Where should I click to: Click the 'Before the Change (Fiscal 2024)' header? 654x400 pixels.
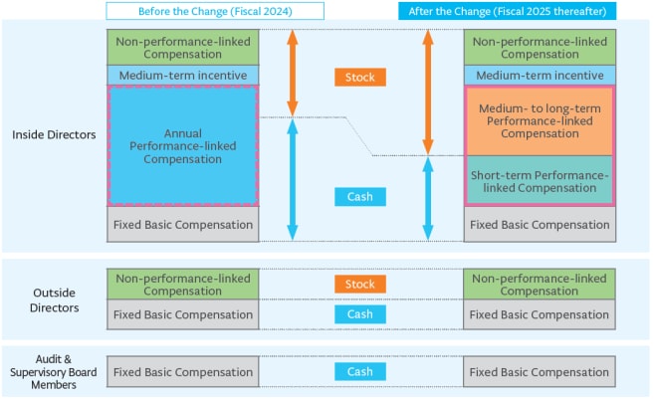[x=215, y=11]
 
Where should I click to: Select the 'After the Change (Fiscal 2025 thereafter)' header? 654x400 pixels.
[x=508, y=11]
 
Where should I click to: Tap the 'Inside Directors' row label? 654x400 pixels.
[x=54, y=134]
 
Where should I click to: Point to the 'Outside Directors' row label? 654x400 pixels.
[x=54, y=300]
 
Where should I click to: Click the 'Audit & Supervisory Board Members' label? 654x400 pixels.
[x=54, y=371]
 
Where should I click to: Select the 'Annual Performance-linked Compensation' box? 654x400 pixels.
[x=183, y=146]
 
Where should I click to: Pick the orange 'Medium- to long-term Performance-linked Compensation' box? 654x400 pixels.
[x=540, y=121]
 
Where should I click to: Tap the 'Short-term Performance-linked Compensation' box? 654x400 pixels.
[x=540, y=181]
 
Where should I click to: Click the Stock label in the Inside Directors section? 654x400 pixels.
[x=360, y=78]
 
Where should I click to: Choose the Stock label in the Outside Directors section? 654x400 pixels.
[x=360, y=284]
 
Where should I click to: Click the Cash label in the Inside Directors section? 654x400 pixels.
[x=360, y=197]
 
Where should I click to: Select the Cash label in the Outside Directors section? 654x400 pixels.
[x=360, y=314]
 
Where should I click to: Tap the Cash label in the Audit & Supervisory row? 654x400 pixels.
[x=360, y=371]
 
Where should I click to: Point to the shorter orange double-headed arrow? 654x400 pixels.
[x=293, y=73]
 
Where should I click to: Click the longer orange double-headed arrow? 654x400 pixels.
[x=428, y=93]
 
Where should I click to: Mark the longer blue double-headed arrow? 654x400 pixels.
[x=293, y=180]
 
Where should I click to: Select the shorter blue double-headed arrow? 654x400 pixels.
[x=428, y=199]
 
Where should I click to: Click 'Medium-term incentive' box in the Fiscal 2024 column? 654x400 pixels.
[x=183, y=75]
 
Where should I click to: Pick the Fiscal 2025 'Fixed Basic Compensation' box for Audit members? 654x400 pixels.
[x=540, y=371]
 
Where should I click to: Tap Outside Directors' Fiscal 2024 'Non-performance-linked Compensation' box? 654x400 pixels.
[x=183, y=285]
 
